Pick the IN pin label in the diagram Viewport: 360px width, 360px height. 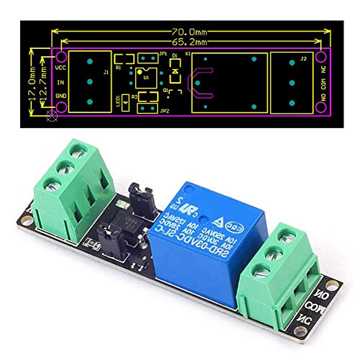(60, 82)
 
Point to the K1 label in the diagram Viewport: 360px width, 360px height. (188, 54)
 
